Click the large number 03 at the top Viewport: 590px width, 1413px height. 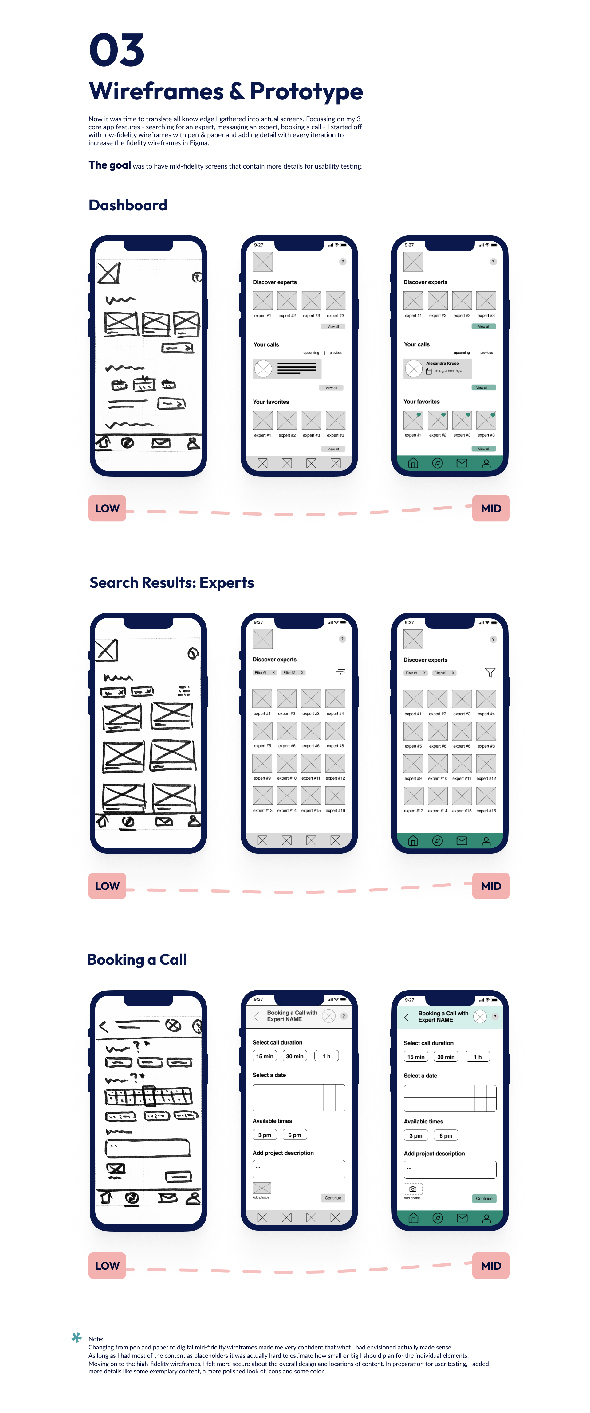[x=116, y=50]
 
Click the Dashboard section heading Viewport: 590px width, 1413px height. [x=128, y=205]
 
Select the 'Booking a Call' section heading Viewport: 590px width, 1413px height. [x=137, y=960]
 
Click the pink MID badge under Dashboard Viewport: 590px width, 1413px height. [x=491, y=508]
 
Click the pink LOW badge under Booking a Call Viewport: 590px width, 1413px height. [x=107, y=1265]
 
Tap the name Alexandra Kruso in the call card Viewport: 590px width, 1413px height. [x=442, y=363]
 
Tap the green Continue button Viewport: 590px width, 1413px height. [x=484, y=1198]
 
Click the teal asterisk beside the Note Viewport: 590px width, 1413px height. [x=77, y=1337]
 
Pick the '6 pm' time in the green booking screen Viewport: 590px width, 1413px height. [x=446, y=1135]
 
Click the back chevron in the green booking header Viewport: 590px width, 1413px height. [x=406, y=1018]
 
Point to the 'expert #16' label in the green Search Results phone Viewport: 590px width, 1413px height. [x=486, y=811]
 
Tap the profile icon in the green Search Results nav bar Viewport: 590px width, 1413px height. [x=486, y=841]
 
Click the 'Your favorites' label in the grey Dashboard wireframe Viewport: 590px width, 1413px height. [x=271, y=402]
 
